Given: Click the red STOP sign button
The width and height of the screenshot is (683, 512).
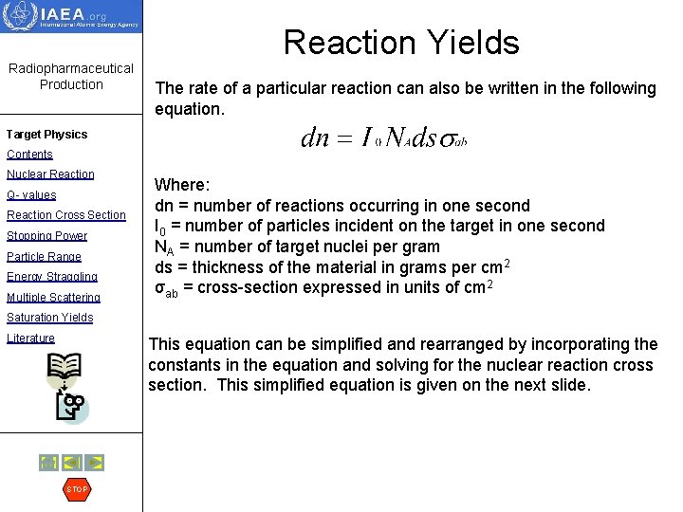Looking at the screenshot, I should coord(76,489).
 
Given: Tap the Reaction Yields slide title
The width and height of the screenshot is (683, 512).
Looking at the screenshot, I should coord(401,43).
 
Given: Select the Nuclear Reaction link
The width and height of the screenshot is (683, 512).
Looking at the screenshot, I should coord(50,174).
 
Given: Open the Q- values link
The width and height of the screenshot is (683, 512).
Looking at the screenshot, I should coord(31,194).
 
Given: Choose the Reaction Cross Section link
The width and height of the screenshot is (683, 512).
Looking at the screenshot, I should coord(65,215).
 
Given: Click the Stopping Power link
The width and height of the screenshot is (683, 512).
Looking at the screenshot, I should coord(46,236).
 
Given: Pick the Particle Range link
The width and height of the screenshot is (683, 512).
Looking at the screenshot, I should coord(44,257).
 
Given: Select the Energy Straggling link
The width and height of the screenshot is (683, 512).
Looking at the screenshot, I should coord(51,277).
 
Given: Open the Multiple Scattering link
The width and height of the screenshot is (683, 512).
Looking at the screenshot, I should coord(53,298).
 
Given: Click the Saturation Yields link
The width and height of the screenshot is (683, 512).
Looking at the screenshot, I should coord(49,318).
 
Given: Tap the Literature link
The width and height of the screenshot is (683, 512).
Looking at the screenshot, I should coord(30,338).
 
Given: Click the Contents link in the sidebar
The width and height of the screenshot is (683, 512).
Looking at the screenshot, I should coord(29,155).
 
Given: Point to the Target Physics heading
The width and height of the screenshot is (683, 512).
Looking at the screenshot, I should coord(46,135).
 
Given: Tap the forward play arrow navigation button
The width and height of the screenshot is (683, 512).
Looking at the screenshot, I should coord(94,463).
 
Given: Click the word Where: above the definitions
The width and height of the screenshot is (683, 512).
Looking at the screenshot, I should coord(182,185).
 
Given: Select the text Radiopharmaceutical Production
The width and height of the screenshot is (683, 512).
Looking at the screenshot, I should coord(71,76).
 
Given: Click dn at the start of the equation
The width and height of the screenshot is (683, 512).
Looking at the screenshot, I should coord(314,138).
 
